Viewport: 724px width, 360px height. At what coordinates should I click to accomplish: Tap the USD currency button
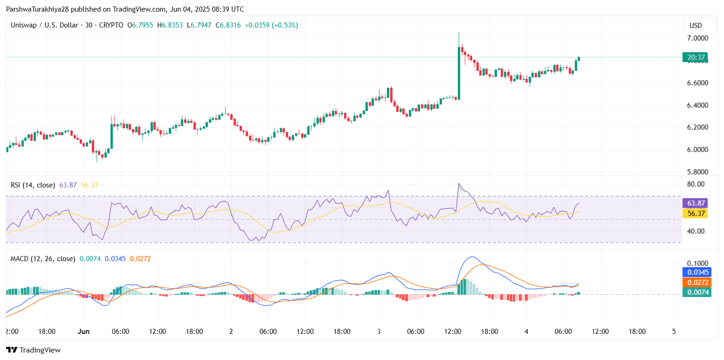click(x=696, y=26)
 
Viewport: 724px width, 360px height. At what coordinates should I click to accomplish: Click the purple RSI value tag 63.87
click(x=696, y=203)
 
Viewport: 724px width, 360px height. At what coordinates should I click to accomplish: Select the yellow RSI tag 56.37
click(x=696, y=213)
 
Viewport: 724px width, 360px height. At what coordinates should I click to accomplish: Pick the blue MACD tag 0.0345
click(x=696, y=272)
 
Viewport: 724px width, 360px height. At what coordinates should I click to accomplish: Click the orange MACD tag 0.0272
click(x=696, y=282)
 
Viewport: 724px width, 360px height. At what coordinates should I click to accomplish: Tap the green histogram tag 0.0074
click(x=696, y=292)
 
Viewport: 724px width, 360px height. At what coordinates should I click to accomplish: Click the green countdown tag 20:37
click(x=696, y=58)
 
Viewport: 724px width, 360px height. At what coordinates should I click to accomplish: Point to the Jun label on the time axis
click(x=83, y=332)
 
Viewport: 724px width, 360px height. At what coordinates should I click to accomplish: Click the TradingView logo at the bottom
click(x=33, y=350)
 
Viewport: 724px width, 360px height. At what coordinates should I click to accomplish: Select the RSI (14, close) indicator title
click(x=33, y=185)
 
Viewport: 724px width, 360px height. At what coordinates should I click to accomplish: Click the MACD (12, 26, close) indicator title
click(x=43, y=258)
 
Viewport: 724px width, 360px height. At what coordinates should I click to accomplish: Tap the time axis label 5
click(x=674, y=332)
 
